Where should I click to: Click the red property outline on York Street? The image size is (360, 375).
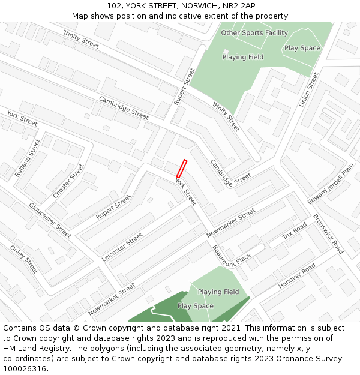pyautogui.click(x=182, y=168)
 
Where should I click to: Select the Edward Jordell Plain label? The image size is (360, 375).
pyautogui.click(x=331, y=182)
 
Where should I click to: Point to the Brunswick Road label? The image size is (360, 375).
pyautogui.click(x=328, y=235)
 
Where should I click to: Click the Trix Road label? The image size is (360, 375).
pyautogui.click(x=294, y=231)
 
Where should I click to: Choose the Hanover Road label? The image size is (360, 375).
pyautogui.click(x=296, y=277)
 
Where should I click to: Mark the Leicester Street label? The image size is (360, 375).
pyautogui.click(x=122, y=247)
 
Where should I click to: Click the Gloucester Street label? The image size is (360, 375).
pyautogui.click(x=50, y=220)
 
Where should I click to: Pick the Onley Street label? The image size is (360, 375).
pyautogui.click(x=24, y=259)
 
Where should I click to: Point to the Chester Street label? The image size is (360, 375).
pyautogui.click(x=68, y=181)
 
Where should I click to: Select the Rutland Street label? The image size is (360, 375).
pyautogui.click(x=28, y=158)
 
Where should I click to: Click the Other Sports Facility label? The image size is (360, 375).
pyautogui.click(x=254, y=32)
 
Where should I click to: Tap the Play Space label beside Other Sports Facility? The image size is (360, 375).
pyautogui.click(x=302, y=48)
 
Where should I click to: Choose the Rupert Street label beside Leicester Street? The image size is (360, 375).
pyautogui.click(x=113, y=207)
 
